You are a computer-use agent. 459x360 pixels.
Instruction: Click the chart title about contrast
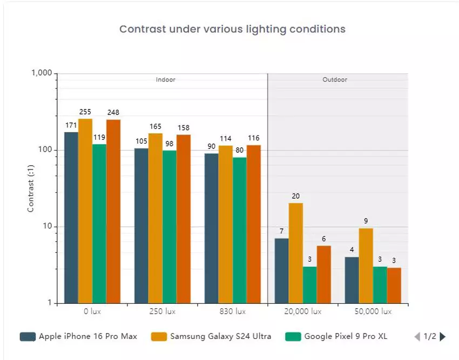pos(232,29)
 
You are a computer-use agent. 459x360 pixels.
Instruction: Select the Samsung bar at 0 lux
pos(85,210)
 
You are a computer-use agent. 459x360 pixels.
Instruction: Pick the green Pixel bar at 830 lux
pos(240,230)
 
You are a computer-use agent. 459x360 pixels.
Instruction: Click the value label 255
pos(85,112)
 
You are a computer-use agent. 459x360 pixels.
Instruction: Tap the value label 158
pos(184,128)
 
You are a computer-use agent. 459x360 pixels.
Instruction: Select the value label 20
pos(295,196)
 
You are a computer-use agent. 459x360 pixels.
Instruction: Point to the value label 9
pos(366,221)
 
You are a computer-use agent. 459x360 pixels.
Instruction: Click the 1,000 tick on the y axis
pos(41,73)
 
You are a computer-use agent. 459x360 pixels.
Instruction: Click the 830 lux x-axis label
pos(233,312)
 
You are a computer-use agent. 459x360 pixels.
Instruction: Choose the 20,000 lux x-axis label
pos(302,312)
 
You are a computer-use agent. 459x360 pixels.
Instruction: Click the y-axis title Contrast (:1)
pos(31,188)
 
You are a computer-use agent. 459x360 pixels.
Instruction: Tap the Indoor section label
pos(165,80)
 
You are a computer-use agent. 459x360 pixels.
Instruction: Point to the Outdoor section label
pos(335,80)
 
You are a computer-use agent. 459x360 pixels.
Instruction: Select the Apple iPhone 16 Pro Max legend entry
pos(78,337)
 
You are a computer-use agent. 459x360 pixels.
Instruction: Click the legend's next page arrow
pos(443,337)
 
